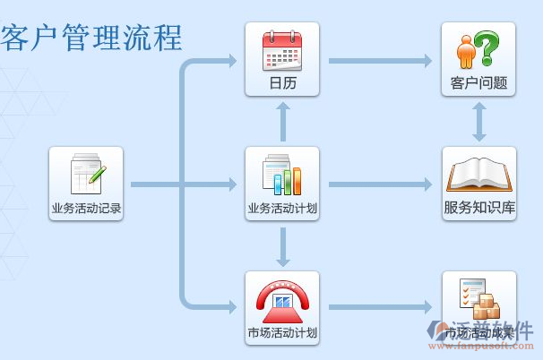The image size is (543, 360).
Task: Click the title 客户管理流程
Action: point(92,38)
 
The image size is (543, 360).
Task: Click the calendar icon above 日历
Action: point(282,51)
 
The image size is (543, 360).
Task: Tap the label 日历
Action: point(282,83)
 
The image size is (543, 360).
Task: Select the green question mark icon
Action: point(487,49)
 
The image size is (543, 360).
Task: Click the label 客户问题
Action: point(478,83)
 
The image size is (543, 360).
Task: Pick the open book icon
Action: point(478,174)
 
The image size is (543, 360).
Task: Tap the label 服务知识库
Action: point(479,208)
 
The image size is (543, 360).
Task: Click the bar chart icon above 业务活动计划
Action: point(282,175)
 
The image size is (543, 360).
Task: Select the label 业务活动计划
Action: point(282,209)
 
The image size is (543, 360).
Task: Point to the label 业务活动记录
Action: point(86,209)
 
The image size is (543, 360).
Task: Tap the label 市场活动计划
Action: point(282,333)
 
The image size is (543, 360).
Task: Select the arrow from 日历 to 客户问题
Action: point(380,61)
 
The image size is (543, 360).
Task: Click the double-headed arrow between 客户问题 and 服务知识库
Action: point(479,121)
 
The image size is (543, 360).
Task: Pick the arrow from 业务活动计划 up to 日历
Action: point(282,122)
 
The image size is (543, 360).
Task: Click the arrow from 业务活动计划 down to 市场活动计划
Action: point(282,246)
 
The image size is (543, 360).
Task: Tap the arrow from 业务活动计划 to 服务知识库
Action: point(380,184)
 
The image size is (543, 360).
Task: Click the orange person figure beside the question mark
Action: point(465,51)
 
